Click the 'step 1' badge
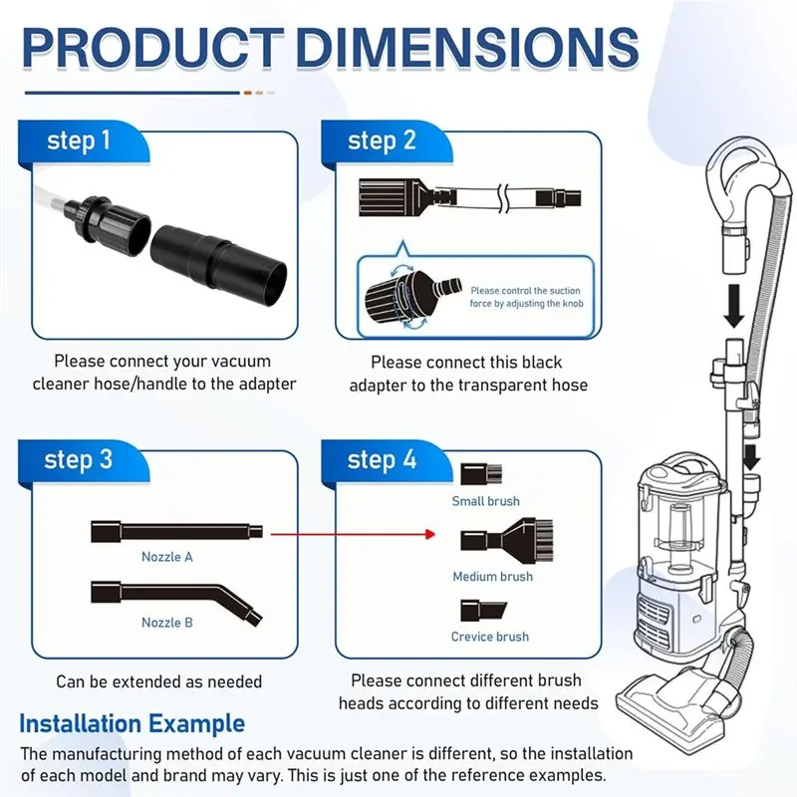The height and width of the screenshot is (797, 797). tap(79, 140)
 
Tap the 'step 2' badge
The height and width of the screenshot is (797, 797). tap(382, 140)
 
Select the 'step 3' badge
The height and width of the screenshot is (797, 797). tap(79, 460)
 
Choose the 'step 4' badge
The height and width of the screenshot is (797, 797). tap(382, 460)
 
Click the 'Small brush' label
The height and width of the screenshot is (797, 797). tap(486, 501)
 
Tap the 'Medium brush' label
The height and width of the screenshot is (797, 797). tap(492, 577)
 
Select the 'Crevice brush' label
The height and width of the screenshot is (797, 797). tap(490, 637)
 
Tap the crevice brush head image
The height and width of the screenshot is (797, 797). tap(481, 611)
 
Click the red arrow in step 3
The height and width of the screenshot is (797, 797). tap(354, 534)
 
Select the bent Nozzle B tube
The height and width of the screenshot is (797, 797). tap(174, 595)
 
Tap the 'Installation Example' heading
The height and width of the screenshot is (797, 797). tap(132, 722)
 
